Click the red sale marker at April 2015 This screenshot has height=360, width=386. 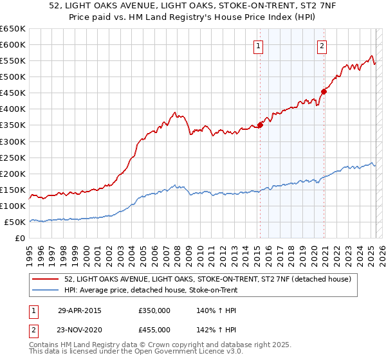[x=261, y=125]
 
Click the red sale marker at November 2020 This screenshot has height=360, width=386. [x=324, y=91]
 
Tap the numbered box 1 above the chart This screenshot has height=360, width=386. [x=258, y=45]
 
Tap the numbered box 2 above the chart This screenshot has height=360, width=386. [x=321, y=45]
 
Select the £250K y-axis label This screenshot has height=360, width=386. [x=13, y=157]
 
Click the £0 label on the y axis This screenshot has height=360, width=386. [x=19, y=238]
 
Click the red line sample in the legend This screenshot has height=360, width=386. [x=46, y=279]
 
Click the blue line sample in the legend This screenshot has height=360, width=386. [x=46, y=290]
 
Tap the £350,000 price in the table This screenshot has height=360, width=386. [x=154, y=310]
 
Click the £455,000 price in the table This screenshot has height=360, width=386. [x=154, y=329]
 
